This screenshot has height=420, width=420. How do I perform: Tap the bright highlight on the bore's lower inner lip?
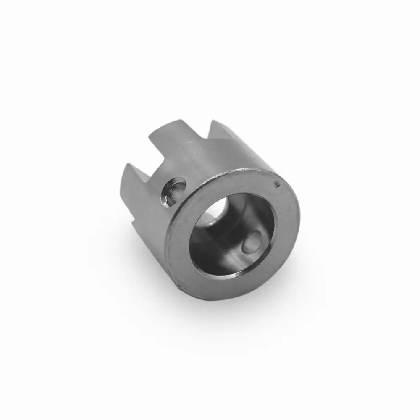tap(235, 273)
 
